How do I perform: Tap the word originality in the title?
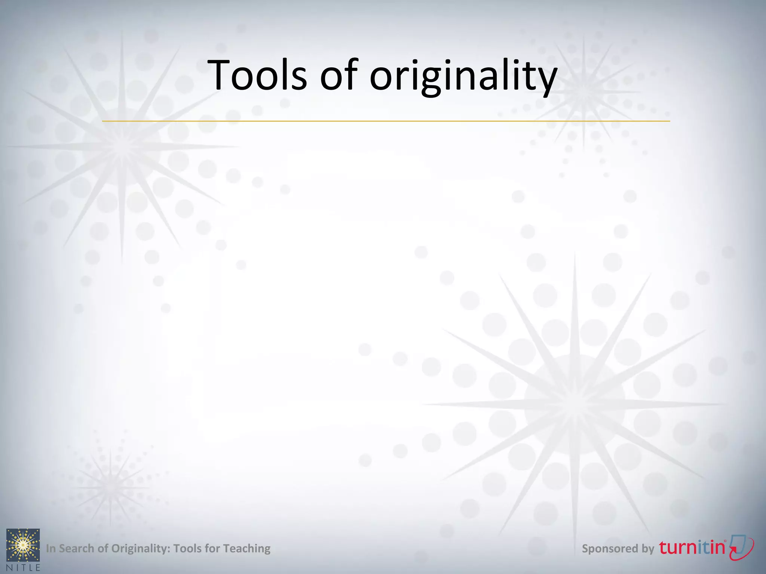pyautogui.click(x=463, y=77)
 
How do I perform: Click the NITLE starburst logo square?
pyautogui.click(x=23, y=545)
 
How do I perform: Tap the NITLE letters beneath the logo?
pyautogui.click(x=23, y=568)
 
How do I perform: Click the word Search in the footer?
pyautogui.click(x=77, y=549)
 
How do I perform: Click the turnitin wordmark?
pyautogui.click(x=692, y=547)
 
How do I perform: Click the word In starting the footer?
pyautogui.click(x=50, y=549)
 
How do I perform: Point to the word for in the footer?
pyautogui.click(x=212, y=549)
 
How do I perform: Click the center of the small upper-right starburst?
pyautogui.click(x=583, y=92)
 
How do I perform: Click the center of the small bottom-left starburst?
pyautogui.click(x=110, y=487)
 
